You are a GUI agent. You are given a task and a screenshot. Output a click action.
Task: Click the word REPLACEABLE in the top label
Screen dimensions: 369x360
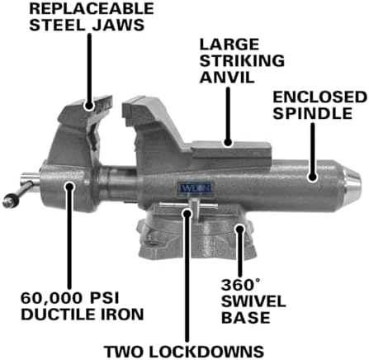point(92,9)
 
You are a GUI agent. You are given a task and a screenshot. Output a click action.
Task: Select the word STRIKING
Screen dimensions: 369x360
point(242,60)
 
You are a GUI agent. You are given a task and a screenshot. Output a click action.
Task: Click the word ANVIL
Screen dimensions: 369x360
point(227,77)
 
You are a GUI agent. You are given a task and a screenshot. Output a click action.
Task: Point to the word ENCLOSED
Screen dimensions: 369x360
point(319,97)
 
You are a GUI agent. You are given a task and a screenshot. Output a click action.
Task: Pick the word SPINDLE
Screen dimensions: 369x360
point(313,113)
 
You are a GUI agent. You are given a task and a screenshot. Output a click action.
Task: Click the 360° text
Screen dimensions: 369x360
point(240,285)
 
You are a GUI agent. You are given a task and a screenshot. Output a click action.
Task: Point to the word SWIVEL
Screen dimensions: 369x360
point(253,301)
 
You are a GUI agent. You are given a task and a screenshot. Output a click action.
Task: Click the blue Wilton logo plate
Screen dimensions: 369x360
point(196,188)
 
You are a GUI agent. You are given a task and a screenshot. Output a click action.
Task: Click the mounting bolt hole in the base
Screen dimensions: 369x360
point(152,244)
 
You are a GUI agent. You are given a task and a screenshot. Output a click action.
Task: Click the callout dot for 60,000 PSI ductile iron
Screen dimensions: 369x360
point(69,187)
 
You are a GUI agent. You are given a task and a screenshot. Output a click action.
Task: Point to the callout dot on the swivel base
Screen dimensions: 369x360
point(240,229)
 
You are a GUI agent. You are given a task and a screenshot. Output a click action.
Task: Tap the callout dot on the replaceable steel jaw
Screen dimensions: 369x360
point(89,106)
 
